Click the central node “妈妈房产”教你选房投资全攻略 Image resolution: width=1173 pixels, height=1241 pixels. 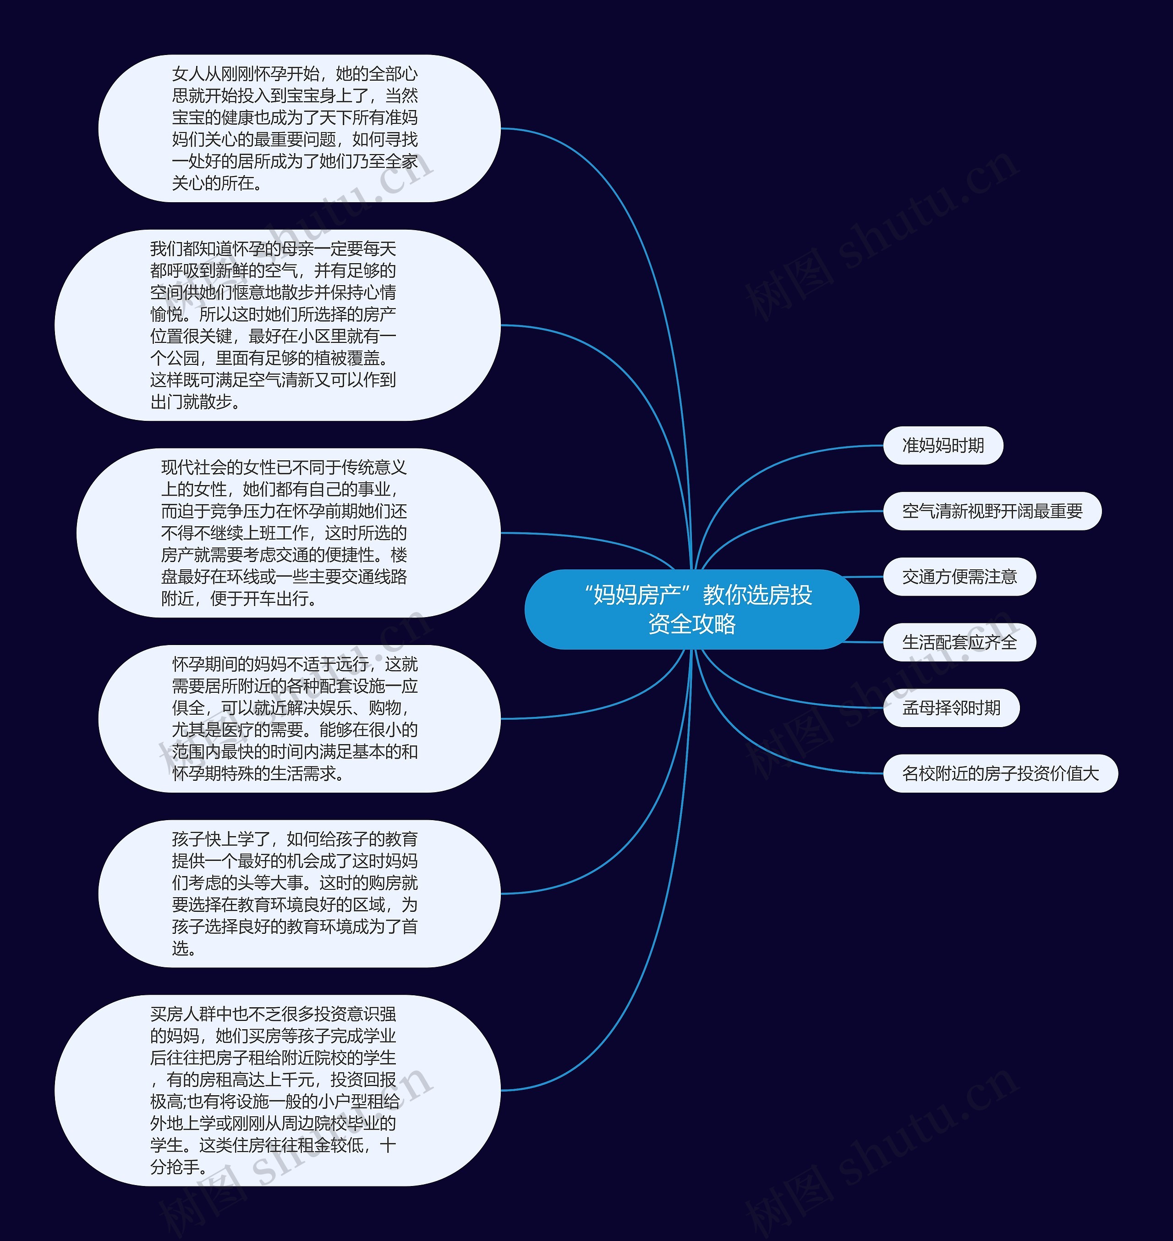click(691, 609)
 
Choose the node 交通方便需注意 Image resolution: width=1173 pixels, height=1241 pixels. click(959, 577)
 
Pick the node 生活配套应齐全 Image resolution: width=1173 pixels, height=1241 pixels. click(959, 642)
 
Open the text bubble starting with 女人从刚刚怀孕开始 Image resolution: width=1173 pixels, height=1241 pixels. click(299, 128)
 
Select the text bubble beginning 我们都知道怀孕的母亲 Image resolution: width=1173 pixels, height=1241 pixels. click(277, 325)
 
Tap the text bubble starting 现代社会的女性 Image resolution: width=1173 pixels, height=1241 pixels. click(288, 532)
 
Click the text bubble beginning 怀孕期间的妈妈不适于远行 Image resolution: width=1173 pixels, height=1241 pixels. click(299, 719)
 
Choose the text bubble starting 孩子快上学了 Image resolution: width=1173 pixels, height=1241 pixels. click(299, 893)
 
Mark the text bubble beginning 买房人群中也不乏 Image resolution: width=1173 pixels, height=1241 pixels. click(277, 1090)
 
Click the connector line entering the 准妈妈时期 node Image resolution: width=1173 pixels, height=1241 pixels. click(813, 453)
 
